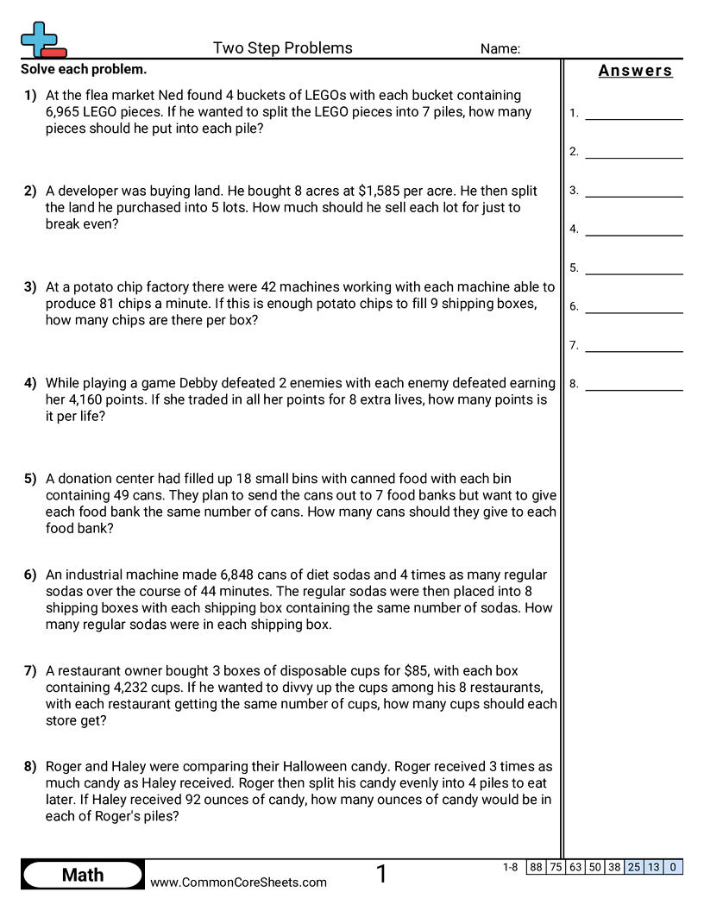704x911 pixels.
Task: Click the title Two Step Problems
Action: (x=282, y=48)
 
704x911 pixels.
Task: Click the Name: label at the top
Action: (x=500, y=49)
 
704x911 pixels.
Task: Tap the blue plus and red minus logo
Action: (x=42, y=40)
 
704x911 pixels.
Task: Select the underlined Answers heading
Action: (x=635, y=71)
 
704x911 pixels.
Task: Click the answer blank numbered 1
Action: (x=633, y=113)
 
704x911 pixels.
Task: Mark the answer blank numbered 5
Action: (x=633, y=268)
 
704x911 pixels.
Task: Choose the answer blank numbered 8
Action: (x=633, y=384)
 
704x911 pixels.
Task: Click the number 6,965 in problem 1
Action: (x=65, y=112)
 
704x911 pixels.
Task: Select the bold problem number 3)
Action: (x=30, y=286)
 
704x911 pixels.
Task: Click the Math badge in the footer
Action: (x=83, y=875)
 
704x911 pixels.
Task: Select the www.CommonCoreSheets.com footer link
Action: (x=239, y=883)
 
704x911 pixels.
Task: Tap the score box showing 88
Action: (x=536, y=867)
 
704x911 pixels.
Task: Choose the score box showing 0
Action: (x=673, y=867)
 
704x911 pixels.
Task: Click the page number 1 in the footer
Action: (x=381, y=875)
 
